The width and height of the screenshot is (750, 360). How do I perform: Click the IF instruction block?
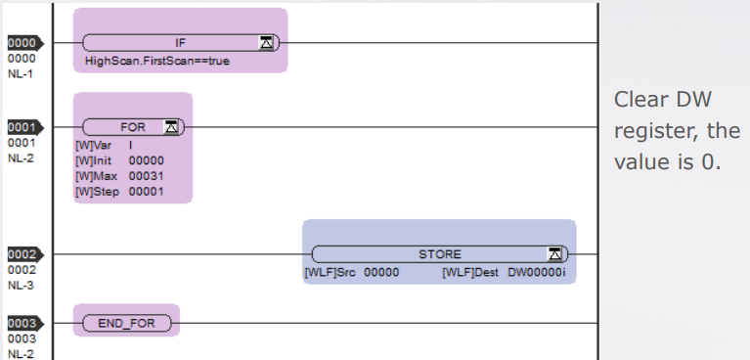click(x=180, y=43)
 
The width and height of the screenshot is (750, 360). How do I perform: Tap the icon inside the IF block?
click(x=266, y=43)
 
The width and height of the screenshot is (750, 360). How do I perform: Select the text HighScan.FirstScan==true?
click(x=156, y=62)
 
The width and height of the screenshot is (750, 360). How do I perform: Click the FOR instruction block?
click(x=133, y=127)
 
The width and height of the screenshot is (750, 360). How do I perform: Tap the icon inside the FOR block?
click(x=171, y=127)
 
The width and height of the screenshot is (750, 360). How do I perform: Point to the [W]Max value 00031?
click(x=147, y=176)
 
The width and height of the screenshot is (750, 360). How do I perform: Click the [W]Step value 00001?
click(x=147, y=192)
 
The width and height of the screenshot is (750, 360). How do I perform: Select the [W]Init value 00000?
click(x=147, y=160)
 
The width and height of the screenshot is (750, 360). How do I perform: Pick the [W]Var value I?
click(x=131, y=146)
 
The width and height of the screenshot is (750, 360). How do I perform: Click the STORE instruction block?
click(x=440, y=254)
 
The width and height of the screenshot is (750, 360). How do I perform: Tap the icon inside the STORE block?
click(x=554, y=254)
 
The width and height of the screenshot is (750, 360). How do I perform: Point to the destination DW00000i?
click(x=537, y=273)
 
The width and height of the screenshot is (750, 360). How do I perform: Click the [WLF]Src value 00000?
click(x=381, y=273)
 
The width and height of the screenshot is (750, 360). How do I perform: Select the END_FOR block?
click(x=127, y=323)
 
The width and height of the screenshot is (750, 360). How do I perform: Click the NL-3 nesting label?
click(x=21, y=286)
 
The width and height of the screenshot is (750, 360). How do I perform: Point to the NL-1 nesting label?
click(x=21, y=74)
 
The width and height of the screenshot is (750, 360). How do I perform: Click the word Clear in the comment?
click(x=640, y=100)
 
